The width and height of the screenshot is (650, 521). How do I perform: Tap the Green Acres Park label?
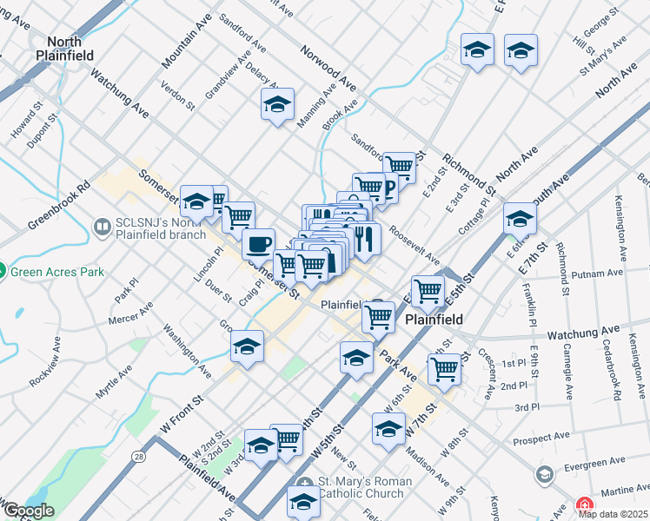[57, 272]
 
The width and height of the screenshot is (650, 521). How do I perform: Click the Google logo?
[28, 511]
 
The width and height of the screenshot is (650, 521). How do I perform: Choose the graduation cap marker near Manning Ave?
[277, 105]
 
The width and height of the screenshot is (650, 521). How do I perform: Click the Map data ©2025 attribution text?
[614, 513]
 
